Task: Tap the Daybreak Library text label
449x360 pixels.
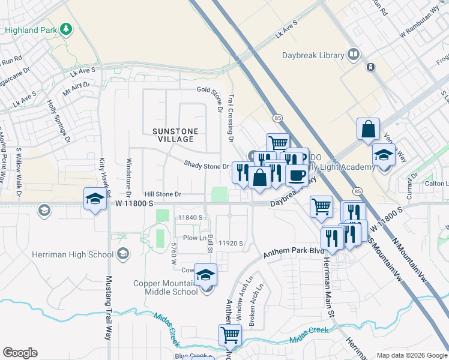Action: click(x=313, y=56)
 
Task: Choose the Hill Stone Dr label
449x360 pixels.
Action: click(x=162, y=194)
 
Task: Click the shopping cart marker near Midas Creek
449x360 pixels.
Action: click(x=230, y=335)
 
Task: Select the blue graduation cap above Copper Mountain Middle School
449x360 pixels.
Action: click(x=205, y=274)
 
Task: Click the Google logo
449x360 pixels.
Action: click(x=20, y=353)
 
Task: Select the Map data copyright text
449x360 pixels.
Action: click(x=411, y=355)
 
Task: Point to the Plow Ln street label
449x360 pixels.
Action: click(x=195, y=238)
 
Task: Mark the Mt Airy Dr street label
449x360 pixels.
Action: click(x=76, y=85)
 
